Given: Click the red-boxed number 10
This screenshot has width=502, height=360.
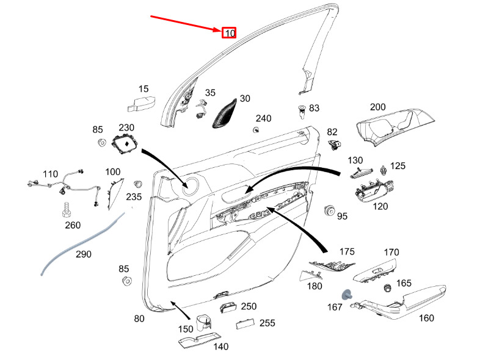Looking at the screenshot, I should pos(228,32).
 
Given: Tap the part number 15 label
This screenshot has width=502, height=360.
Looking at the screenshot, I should pos(144,89).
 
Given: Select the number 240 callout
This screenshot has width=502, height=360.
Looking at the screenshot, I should pos(263,118).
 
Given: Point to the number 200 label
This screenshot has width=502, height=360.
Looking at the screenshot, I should pos(377,107).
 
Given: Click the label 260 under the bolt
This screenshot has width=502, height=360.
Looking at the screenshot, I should pos(73,226).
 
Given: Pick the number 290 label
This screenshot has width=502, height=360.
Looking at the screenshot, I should pos(83,253).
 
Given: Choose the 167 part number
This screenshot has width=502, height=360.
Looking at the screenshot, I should pos(335,307).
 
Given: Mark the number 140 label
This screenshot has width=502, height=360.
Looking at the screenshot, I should pos(220,347).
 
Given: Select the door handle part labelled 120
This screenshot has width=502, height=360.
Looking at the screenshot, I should pos(373,191).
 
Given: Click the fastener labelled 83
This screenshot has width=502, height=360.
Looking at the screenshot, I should pos(301,110).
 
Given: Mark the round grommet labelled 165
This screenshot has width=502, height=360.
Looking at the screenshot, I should pos(387,287).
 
